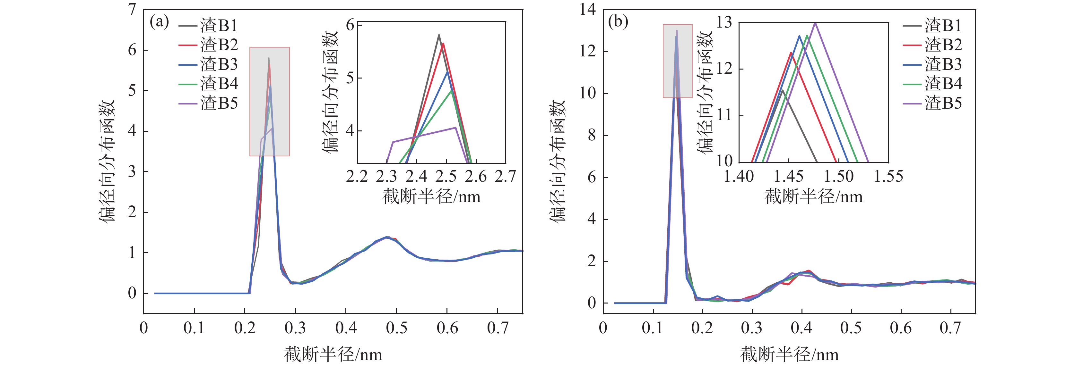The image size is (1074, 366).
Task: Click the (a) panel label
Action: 159,22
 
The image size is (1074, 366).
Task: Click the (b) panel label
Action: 618,22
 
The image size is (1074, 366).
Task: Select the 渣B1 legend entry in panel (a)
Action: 208,26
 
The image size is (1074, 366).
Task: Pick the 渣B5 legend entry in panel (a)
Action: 208,103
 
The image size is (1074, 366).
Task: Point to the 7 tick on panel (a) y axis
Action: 132,10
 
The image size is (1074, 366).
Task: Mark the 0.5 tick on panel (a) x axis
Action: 396,328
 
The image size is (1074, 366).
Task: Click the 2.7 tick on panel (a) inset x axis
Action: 505,177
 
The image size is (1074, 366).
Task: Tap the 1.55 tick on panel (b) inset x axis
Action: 888,177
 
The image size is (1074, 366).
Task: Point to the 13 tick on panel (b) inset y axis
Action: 724,22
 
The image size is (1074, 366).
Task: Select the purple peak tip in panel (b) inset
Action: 815,23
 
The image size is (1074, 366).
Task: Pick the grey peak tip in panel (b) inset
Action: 783,90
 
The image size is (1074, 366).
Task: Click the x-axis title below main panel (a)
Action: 333,355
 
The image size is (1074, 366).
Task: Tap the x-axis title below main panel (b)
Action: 789,355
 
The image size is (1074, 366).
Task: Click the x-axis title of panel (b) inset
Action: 813,196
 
